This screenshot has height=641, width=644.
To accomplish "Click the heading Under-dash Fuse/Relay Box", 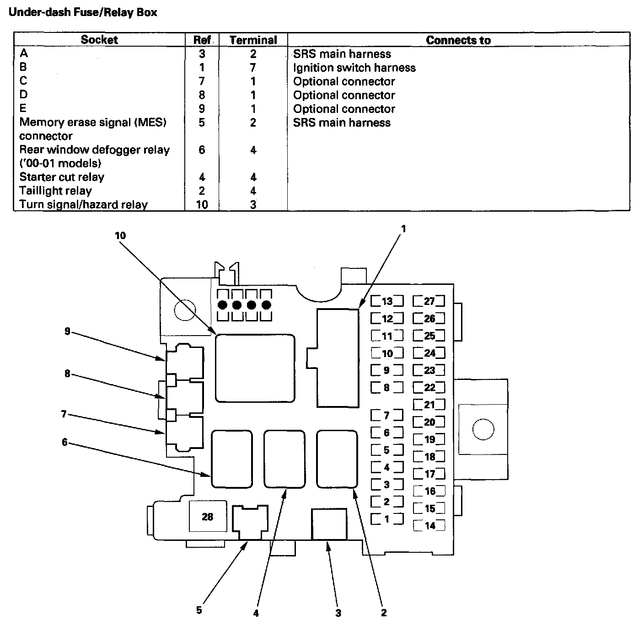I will click(83, 12).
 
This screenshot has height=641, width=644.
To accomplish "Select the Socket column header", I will click(99, 40).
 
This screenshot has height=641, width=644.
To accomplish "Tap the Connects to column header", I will click(458, 40).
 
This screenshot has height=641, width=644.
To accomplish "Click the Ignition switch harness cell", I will click(354, 68).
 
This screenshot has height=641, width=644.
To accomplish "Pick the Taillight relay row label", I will click(55, 191).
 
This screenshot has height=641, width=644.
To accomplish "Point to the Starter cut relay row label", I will click(62, 177).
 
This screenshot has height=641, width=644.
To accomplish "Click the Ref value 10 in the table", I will click(202, 204).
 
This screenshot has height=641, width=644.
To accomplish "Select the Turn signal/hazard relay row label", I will click(83, 204).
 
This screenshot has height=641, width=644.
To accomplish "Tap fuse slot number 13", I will click(387, 301).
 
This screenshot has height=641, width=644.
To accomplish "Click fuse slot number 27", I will click(429, 301).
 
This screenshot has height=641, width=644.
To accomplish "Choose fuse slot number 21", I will click(429, 405).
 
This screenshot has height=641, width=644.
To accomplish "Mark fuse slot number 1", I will click(387, 519).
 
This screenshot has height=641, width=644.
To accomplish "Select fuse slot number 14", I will click(429, 526).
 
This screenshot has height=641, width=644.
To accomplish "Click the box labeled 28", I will click(208, 517).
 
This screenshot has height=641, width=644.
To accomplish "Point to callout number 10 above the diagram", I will click(120, 236).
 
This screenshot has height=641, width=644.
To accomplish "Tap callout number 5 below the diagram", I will click(199, 610).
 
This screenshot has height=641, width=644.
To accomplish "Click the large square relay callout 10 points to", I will click(255, 368).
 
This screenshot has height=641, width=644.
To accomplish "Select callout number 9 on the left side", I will click(67, 331).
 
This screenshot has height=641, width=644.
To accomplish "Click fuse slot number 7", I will click(387, 416).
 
